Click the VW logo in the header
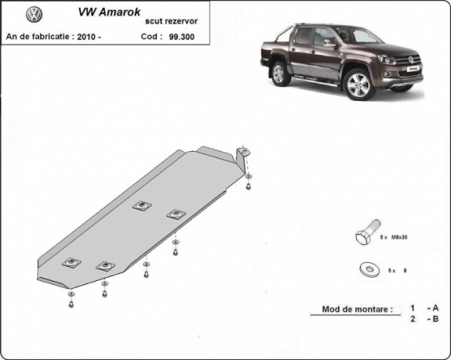click(34, 14)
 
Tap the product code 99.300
click(181, 37)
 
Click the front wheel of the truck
click(359, 85)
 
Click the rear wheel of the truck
click(280, 74)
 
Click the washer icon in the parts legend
click(366, 269)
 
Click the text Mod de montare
click(356, 309)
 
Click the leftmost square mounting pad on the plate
click(72, 262)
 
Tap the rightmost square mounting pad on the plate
click(175, 214)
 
